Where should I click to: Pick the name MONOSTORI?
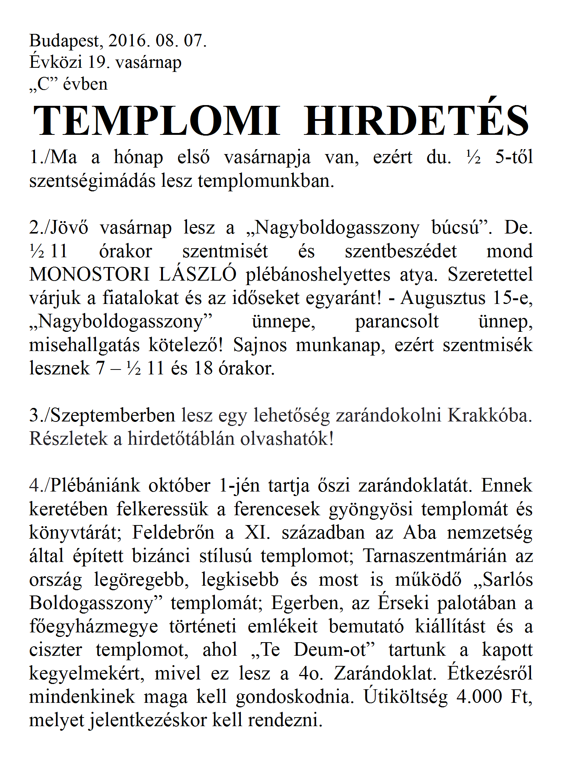[x=90, y=274]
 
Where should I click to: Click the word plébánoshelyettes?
[x=318, y=275]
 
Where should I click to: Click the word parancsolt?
[x=397, y=322]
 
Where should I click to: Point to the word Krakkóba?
[x=490, y=415]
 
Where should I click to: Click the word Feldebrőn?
[x=173, y=533]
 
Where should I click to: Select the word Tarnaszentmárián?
[x=435, y=556]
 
